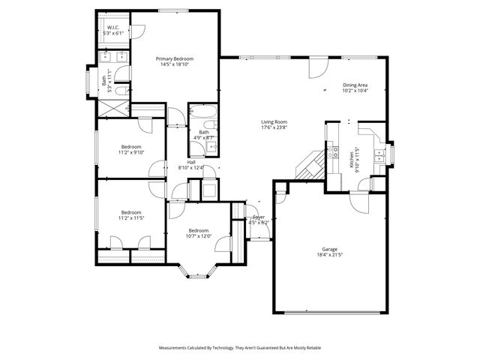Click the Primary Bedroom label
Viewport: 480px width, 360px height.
174,58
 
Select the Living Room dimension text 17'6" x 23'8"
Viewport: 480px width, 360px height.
274,127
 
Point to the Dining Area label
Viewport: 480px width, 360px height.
354,85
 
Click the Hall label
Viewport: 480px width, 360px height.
191,162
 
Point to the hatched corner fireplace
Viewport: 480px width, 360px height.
310,166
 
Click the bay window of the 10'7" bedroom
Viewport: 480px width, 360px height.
197,274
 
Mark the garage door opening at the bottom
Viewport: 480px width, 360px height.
330,312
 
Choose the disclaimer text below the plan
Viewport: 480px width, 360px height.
240,348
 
